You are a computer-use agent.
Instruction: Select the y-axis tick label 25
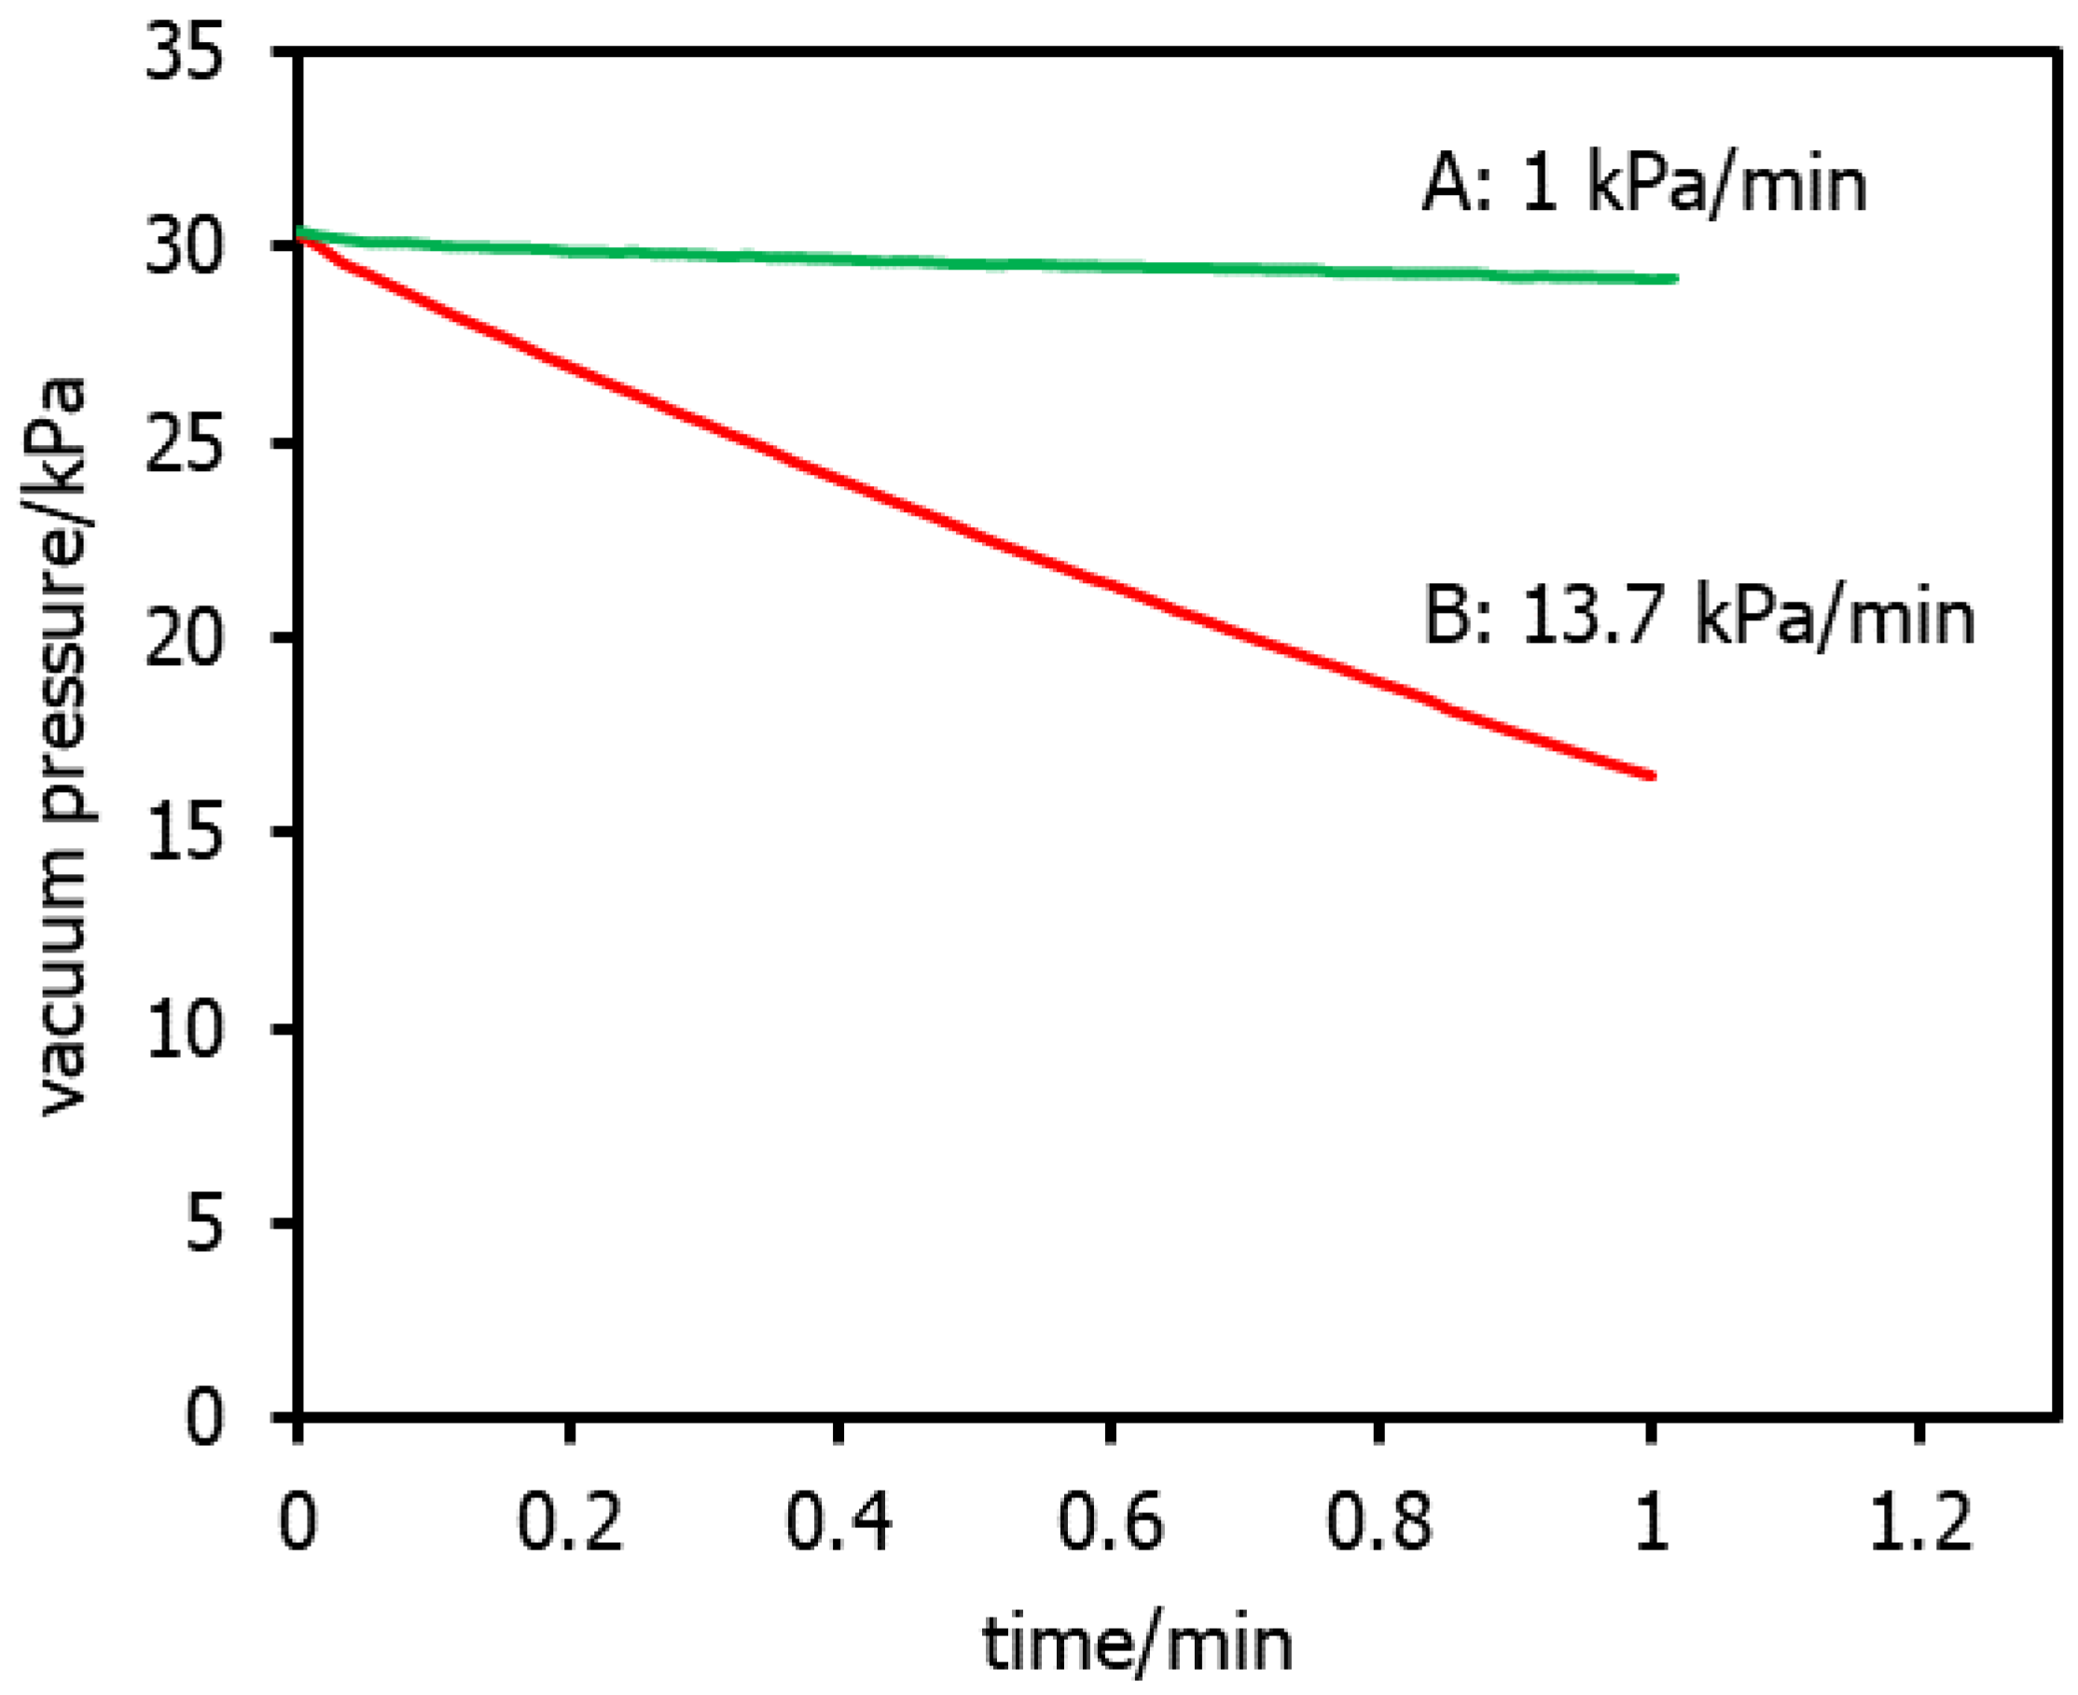click(185, 444)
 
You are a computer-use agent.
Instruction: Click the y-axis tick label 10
click(185, 1029)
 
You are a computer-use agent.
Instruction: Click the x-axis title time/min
click(1137, 1645)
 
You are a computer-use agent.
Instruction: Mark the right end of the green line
click(1676, 279)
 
